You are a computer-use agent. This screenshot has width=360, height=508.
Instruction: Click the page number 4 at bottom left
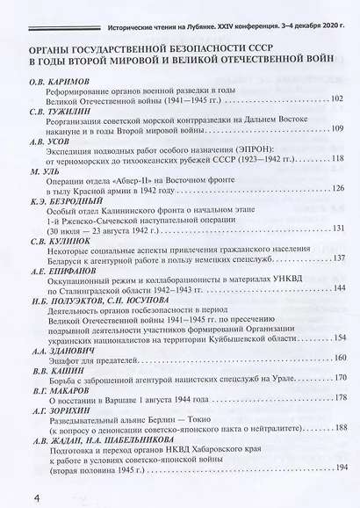[11, 483]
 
